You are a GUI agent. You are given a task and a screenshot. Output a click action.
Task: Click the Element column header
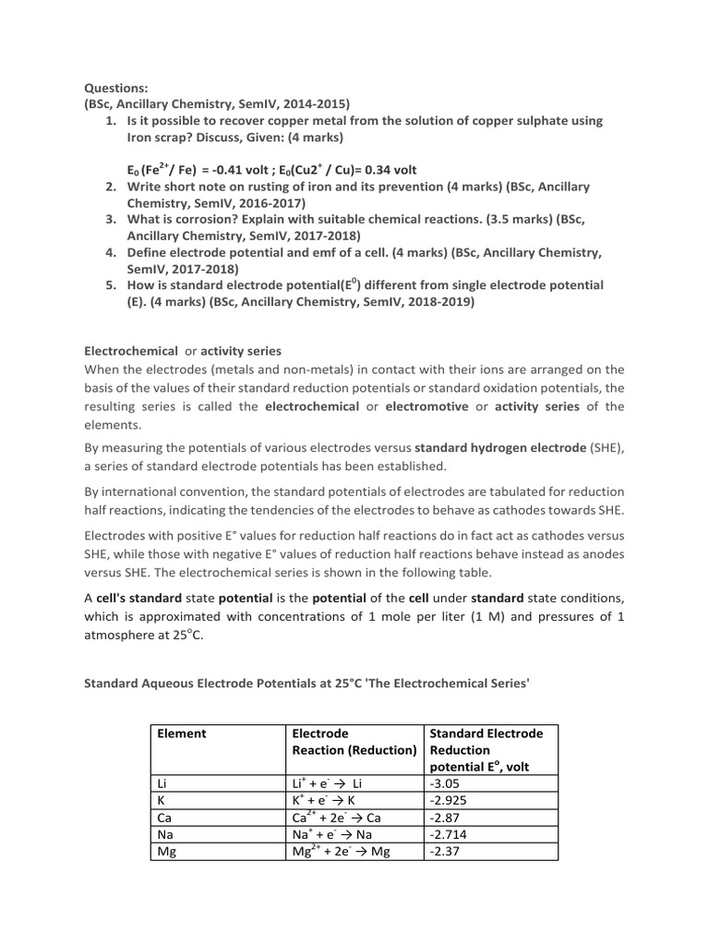pos(181,734)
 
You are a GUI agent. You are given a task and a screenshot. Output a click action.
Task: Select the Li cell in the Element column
pos(163,783)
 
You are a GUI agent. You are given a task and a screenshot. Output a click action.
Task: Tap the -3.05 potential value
pos(446,783)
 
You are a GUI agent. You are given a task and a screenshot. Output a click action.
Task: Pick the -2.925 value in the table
pos(450,800)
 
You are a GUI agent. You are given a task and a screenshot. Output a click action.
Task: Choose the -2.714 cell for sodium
pos(450,834)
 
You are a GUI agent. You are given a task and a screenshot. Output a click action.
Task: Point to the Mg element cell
pos(167,852)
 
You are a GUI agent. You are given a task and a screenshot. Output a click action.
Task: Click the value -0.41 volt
pos(251,170)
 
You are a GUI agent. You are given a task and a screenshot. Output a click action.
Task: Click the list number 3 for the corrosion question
pos(109,220)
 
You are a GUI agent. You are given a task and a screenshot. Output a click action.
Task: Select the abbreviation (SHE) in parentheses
pos(607,448)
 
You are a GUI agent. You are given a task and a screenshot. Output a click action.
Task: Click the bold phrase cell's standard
pos(145,597)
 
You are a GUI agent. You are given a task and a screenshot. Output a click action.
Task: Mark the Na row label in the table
pos(165,834)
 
